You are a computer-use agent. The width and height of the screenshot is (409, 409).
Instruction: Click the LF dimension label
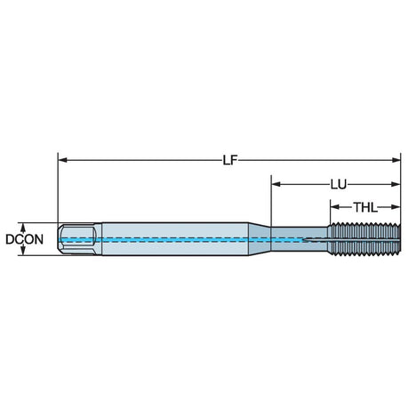tap(230, 160)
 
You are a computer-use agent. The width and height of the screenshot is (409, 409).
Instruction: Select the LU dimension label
tap(339, 185)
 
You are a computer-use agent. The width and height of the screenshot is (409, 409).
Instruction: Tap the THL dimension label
tap(365, 207)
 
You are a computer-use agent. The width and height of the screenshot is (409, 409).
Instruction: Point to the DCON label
tap(25, 239)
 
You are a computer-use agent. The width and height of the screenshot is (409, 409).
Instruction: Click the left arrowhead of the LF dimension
tap(62, 160)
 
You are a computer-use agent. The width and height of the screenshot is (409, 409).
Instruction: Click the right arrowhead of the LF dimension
tap(396, 160)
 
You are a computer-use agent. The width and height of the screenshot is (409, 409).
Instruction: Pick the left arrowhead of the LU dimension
tap(276, 184)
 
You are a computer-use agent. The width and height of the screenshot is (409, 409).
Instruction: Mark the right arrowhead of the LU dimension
tap(396, 184)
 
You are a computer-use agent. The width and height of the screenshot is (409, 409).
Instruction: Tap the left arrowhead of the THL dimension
tap(335, 207)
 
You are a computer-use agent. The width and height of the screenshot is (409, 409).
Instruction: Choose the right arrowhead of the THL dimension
tap(396, 207)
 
